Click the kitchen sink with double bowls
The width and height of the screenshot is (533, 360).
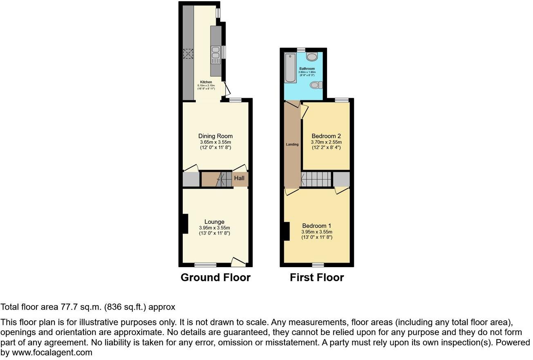215,54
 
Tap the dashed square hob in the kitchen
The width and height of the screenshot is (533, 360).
188,54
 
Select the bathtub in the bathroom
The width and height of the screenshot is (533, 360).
289,68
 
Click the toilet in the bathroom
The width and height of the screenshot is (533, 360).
316,85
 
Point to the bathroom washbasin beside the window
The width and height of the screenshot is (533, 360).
312,56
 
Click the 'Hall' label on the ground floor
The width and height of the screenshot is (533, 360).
239,178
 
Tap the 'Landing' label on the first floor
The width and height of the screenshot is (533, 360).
292,144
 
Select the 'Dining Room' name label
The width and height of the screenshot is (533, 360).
215,136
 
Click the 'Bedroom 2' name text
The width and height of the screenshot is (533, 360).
326,136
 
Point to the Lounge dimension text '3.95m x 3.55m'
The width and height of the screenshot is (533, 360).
215,228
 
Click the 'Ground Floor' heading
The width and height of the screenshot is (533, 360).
215,277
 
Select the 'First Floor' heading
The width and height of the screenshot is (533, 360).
317,277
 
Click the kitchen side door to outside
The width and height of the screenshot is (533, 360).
226,89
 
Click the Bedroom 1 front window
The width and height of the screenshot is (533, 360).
318,265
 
